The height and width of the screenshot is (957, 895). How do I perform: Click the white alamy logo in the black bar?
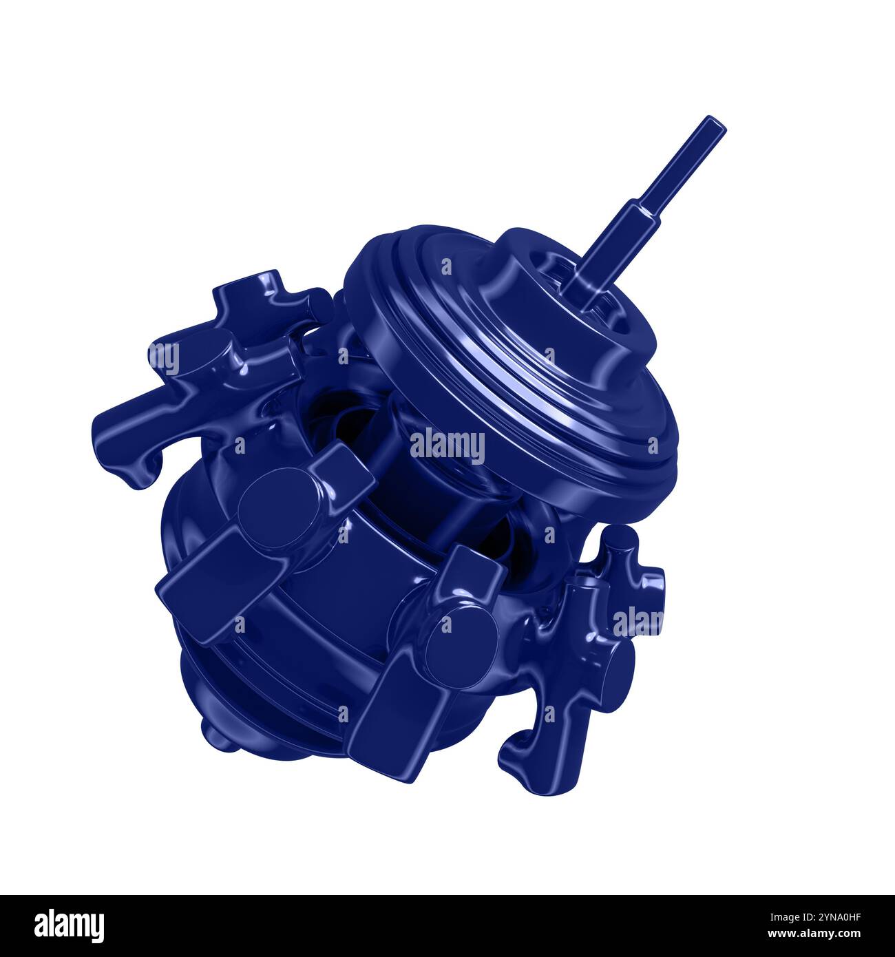[69, 923]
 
